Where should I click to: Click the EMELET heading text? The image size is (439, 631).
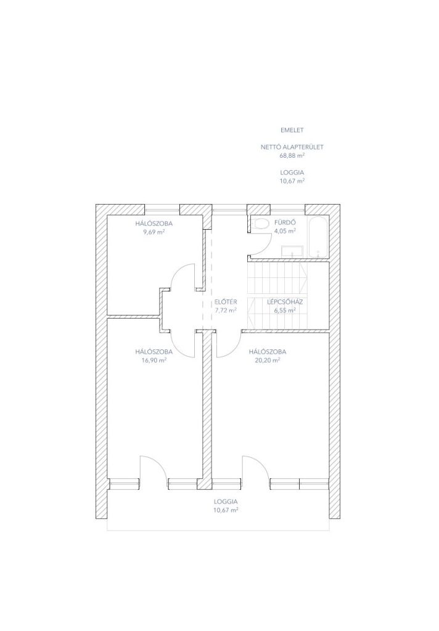(292, 131)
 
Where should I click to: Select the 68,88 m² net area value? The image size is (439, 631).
(292, 155)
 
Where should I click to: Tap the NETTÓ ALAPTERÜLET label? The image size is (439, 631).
(292, 147)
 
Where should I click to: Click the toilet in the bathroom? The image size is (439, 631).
(261, 224)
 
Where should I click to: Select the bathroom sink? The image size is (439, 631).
(292, 251)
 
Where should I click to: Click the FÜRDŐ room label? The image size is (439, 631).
(285, 222)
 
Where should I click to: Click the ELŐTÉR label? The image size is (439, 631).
(226, 302)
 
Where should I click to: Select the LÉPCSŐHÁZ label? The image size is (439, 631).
(285, 302)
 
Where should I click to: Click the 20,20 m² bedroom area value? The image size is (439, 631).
(268, 360)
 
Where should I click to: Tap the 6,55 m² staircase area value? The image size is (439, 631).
(285, 311)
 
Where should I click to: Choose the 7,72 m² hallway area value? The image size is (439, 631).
(226, 311)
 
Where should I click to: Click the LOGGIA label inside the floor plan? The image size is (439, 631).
(226, 502)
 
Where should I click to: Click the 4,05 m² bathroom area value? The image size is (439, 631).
(285, 231)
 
